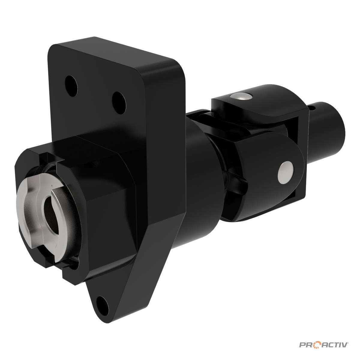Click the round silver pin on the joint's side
click(x=286, y=172)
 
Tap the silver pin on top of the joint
click(x=241, y=96)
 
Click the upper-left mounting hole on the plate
click(x=71, y=86)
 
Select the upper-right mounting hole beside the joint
click(x=119, y=103)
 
